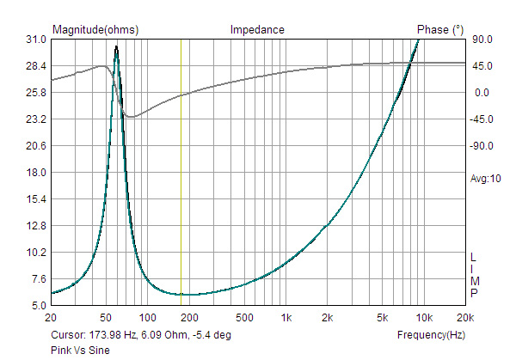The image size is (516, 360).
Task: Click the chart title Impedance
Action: pyautogui.click(x=256, y=29)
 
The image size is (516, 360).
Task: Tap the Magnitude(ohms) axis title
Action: pyautogui.click(x=95, y=29)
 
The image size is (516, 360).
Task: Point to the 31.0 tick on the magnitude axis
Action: pyautogui.click(x=36, y=40)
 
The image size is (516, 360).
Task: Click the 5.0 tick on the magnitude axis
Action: pyautogui.click(x=39, y=306)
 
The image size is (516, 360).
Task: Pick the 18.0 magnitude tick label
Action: pyautogui.click(x=36, y=173)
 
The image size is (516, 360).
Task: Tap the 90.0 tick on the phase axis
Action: pyautogui.click(x=481, y=40)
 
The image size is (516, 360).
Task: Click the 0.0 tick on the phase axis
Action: pyautogui.click(x=481, y=93)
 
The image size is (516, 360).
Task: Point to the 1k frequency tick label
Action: pyautogui.click(x=287, y=318)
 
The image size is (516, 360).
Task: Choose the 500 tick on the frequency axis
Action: pyautogui.click(x=244, y=318)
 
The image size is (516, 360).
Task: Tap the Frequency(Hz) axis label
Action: pyautogui.click(x=432, y=334)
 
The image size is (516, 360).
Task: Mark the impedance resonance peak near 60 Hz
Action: pyautogui.click(x=116, y=48)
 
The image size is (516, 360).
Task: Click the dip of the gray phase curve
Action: pyautogui.click(x=131, y=117)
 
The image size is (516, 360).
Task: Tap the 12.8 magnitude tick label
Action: pyautogui.click(x=36, y=226)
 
